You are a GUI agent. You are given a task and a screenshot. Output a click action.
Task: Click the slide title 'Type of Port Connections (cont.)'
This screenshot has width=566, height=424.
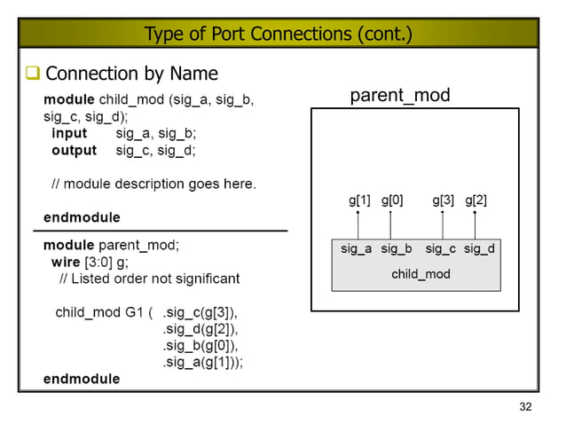(278, 35)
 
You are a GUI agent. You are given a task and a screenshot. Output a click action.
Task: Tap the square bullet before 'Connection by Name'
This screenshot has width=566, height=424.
(33, 73)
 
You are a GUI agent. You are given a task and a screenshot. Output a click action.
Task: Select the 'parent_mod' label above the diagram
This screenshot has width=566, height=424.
(400, 95)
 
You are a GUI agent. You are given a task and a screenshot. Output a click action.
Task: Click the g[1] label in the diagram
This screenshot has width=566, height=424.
(359, 200)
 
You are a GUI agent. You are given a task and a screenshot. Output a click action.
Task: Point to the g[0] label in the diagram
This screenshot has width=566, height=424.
(392, 200)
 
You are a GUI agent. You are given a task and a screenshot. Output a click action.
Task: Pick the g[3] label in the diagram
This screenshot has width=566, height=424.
(444, 200)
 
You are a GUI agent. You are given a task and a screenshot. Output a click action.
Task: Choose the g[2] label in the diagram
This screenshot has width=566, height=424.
(476, 200)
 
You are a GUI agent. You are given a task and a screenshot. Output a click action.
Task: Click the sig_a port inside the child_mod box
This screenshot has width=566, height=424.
(357, 248)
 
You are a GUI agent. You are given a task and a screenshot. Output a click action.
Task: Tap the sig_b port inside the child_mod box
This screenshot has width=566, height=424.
(397, 248)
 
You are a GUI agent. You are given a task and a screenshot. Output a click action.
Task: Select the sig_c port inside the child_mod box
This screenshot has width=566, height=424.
(441, 248)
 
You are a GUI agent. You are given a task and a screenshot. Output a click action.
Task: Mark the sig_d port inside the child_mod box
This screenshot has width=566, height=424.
(479, 248)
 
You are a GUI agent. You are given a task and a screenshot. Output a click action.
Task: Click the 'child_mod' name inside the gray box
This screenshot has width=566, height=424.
(421, 274)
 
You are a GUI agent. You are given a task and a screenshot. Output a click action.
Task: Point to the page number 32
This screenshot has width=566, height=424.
(525, 407)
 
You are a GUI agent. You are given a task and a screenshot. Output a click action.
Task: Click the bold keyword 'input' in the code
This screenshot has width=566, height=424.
(69, 133)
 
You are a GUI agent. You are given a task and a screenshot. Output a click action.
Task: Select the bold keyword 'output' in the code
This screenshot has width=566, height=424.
(74, 150)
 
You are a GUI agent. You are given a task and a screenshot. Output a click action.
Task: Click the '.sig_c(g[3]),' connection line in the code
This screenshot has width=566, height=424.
(200, 313)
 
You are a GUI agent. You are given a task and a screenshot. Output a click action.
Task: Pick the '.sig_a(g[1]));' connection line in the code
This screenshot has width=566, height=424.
(203, 362)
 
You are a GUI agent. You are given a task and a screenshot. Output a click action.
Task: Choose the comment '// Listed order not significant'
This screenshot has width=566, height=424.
(149, 279)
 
